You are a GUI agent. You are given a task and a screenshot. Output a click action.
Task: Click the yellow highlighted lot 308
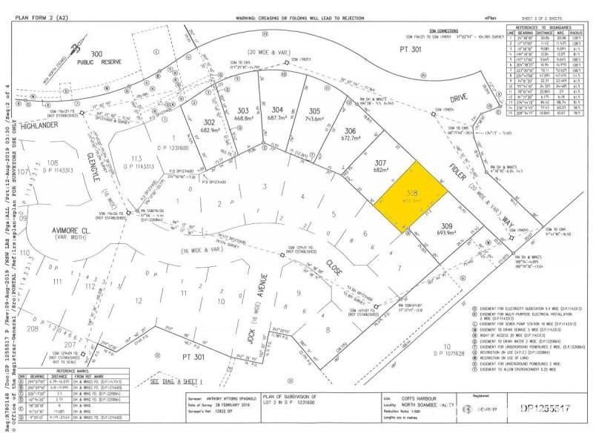point(414,197)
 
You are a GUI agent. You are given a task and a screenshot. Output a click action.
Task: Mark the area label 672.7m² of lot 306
point(351,137)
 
